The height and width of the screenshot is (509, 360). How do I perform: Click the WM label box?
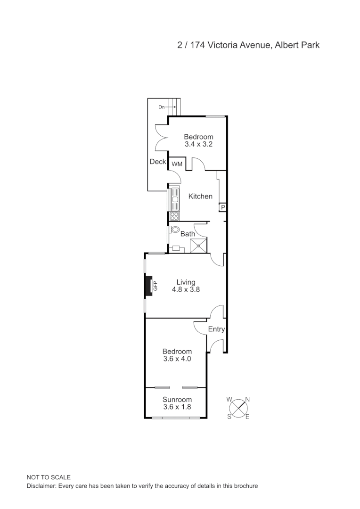(177, 164)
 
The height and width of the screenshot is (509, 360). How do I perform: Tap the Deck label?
(158, 162)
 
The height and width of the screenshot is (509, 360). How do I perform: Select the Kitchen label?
(200, 196)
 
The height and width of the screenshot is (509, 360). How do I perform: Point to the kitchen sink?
(175, 200)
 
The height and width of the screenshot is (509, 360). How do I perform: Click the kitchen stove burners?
(174, 216)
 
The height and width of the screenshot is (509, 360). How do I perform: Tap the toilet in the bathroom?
(175, 230)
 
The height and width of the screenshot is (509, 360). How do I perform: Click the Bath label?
(188, 234)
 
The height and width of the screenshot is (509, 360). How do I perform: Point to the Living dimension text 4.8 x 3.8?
(186, 290)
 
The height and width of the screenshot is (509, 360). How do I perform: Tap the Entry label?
(216, 329)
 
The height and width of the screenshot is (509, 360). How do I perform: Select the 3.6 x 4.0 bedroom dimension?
(177, 359)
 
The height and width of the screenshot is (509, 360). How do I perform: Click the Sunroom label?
(177, 399)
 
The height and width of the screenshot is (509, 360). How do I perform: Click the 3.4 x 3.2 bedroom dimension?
(198, 144)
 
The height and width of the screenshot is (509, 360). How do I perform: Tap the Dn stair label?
(161, 107)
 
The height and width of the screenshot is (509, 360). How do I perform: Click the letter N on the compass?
(247, 399)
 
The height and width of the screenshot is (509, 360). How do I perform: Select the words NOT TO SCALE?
(49, 477)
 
